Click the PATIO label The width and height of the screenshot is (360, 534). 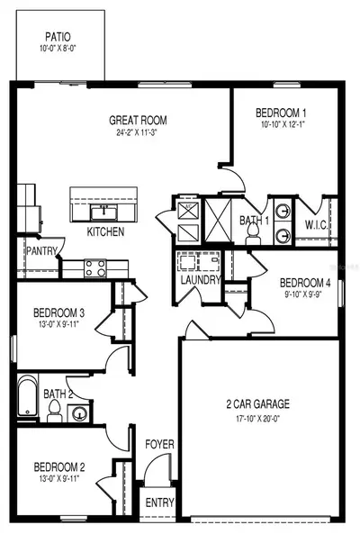(58, 36)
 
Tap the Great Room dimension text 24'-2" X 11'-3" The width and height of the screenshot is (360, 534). (137, 132)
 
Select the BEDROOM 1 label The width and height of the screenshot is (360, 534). (281, 113)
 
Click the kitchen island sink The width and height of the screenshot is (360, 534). (103, 213)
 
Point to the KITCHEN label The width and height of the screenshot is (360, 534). (105, 231)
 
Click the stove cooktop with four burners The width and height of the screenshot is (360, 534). (95, 268)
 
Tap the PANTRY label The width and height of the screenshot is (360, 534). (41, 251)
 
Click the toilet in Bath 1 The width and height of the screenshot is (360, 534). (253, 234)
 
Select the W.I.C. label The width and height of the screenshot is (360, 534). (317, 225)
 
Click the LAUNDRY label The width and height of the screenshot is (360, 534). (201, 280)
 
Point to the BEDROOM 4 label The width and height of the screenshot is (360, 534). (305, 283)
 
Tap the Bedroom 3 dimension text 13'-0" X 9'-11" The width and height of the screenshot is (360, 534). (58, 323)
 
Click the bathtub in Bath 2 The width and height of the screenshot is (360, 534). (28, 395)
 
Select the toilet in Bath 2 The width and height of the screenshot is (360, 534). (54, 411)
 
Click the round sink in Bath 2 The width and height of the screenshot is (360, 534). (79, 414)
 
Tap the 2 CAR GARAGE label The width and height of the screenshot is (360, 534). (258, 404)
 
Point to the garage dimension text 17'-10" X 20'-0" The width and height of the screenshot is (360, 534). (258, 419)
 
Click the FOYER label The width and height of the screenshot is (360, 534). (159, 444)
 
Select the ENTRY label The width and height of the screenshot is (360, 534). (159, 502)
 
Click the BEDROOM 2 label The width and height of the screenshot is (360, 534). (59, 466)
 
